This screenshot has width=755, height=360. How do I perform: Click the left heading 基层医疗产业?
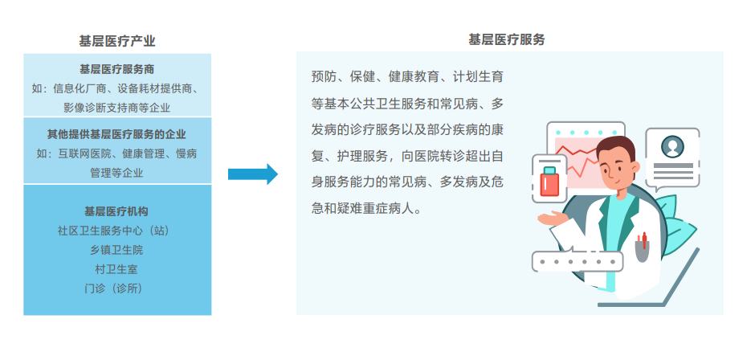[x=117, y=41]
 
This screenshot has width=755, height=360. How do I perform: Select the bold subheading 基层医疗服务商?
[x=117, y=69]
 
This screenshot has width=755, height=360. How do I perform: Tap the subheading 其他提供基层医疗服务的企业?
[x=117, y=133]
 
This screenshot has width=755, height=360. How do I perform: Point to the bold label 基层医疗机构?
[x=117, y=211]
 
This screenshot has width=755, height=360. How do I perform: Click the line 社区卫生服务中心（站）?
[x=117, y=231]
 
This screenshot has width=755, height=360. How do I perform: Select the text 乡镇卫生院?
[x=117, y=250]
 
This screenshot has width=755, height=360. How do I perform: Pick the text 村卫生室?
[x=117, y=269]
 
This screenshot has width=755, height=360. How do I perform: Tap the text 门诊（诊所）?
[x=117, y=288]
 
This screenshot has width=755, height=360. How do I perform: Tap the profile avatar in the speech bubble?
[x=671, y=146]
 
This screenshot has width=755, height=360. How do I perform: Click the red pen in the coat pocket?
[x=643, y=239]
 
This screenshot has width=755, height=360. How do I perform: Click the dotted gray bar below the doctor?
[x=577, y=261]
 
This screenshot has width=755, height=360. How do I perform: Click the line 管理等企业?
[x=117, y=172]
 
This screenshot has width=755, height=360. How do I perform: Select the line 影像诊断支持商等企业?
[x=117, y=107]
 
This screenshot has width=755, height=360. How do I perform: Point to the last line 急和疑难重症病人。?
[x=365, y=207]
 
